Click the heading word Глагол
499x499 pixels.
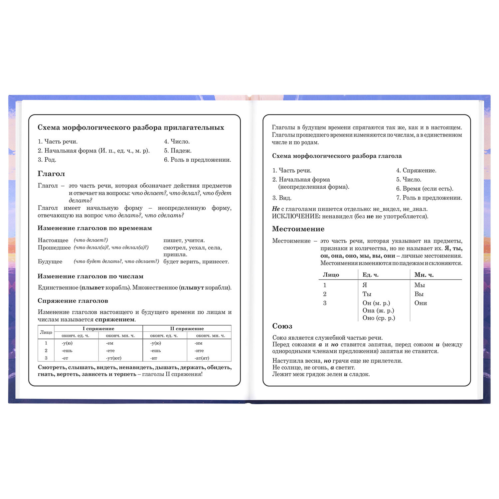[x=51, y=174]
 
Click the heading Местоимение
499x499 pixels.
[x=298, y=229]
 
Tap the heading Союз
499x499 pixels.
[x=282, y=326]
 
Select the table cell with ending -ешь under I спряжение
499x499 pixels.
[x=67, y=351]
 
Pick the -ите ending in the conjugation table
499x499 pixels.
[x=199, y=351]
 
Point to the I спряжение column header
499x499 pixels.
[x=98, y=329]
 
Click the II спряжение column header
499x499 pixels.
[x=187, y=329]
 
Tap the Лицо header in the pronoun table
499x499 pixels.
[x=331, y=275]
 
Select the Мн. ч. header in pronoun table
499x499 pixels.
[x=424, y=275]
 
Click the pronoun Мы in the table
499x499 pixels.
[x=419, y=285]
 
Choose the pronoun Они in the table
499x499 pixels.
[x=420, y=303]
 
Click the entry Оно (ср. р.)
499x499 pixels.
[x=379, y=318]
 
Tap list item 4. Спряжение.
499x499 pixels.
[x=416, y=170]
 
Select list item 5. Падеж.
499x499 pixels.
[x=178, y=151]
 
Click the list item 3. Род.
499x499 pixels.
[x=47, y=160]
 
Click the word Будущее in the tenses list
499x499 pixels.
[x=50, y=261]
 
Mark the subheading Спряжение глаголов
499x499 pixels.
[x=73, y=301]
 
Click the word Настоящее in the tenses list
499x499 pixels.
[x=53, y=240]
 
